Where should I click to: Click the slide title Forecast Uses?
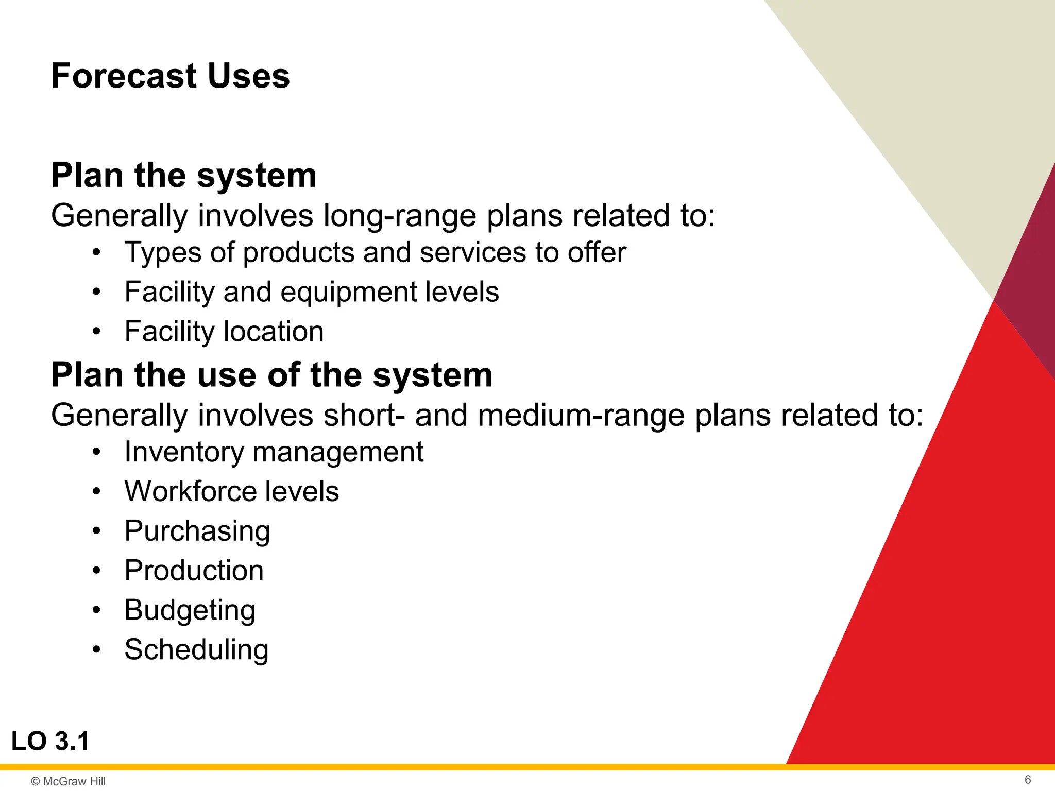tap(170, 76)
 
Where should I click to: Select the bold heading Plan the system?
tap(183, 176)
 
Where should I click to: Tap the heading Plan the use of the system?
tap(271, 375)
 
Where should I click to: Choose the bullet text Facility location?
tap(224, 331)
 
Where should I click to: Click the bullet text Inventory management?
tap(274, 452)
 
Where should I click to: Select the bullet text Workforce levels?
tap(231, 491)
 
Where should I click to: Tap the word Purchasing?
tap(197, 531)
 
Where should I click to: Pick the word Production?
tap(194, 571)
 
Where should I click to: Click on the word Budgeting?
tap(190, 610)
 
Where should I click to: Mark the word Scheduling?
tap(196, 649)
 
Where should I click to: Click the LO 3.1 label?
tap(50, 742)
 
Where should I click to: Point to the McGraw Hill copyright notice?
tap(68, 781)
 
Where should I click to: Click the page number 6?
tap(1028, 780)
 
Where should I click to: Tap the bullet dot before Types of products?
tap(96, 253)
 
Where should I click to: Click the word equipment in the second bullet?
tap(349, 292)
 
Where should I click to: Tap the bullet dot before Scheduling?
tap(96, 650)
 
